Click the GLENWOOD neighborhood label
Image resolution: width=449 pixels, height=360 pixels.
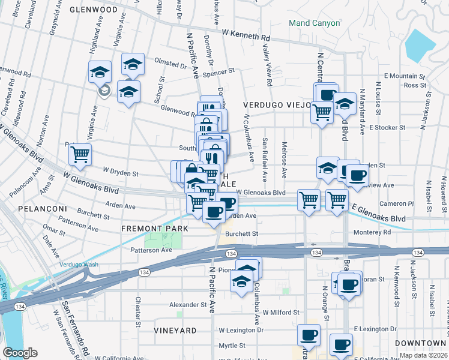point(93,10)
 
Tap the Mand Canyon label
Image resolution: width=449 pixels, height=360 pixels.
point(314,23)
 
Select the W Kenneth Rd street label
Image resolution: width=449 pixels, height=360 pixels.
point(246,35)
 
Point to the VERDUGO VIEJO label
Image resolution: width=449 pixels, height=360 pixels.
point(277,104)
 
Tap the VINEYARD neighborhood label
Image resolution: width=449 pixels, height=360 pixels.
point(175,331)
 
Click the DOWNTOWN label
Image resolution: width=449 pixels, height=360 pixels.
point(424,342)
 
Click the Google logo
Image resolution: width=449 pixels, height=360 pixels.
point(20,353)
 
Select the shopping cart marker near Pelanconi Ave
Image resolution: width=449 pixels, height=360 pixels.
point(80,155)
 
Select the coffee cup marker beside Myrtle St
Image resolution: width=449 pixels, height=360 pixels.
point(341,344)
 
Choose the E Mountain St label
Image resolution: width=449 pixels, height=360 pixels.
point(405,76)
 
